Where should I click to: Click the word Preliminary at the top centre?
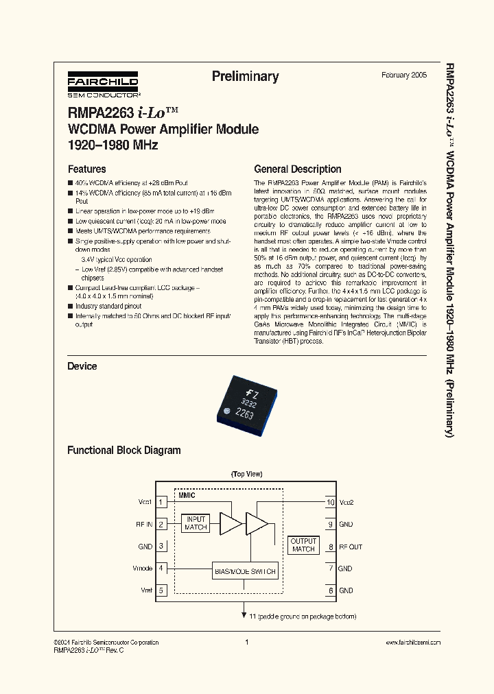click(x=245, y=77)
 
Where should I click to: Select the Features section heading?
click(x=86, y=169)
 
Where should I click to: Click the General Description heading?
click(x=297, y=169)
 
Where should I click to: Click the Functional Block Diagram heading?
click(x=123, y=451)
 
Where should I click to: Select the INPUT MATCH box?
click(x=196, y=524)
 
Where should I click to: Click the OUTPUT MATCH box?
click(x=303, y=545)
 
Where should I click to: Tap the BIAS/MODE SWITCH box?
click(x=245, y=571)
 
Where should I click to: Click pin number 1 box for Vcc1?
click(x=162, y=502)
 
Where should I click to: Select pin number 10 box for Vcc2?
click(x=330, y=502)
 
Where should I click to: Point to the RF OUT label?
click(x=351, y=547)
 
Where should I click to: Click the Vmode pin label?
click(x=142, y=569)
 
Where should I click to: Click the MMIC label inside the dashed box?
click(x=187, y=494)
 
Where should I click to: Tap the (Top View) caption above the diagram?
click(x=247, y=474)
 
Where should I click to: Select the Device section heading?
click(x=82, y=366)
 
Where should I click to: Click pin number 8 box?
click(x=330, y=547)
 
